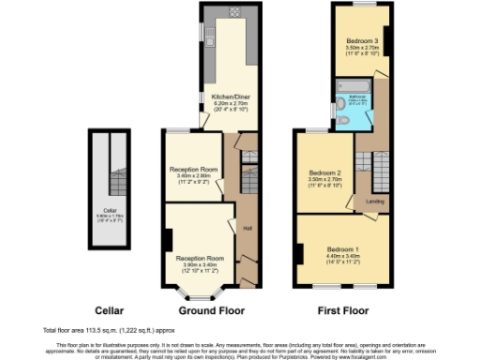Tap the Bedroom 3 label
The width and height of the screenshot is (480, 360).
click(360, 41)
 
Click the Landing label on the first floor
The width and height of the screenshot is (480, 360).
click(374, 201)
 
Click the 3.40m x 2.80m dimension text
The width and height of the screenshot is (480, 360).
click(194, 175)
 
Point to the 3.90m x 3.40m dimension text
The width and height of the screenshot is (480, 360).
click(201, 263)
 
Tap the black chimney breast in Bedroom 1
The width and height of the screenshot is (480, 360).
click(299, 252)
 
